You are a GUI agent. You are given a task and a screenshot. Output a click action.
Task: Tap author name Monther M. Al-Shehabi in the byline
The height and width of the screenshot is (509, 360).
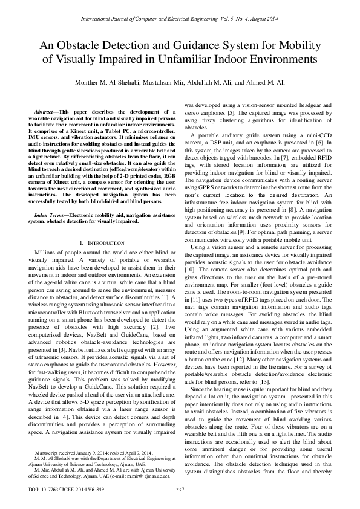(x=119, y=82)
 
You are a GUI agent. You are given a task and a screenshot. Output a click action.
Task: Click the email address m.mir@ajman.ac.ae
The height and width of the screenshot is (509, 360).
(x=149, y=476)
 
